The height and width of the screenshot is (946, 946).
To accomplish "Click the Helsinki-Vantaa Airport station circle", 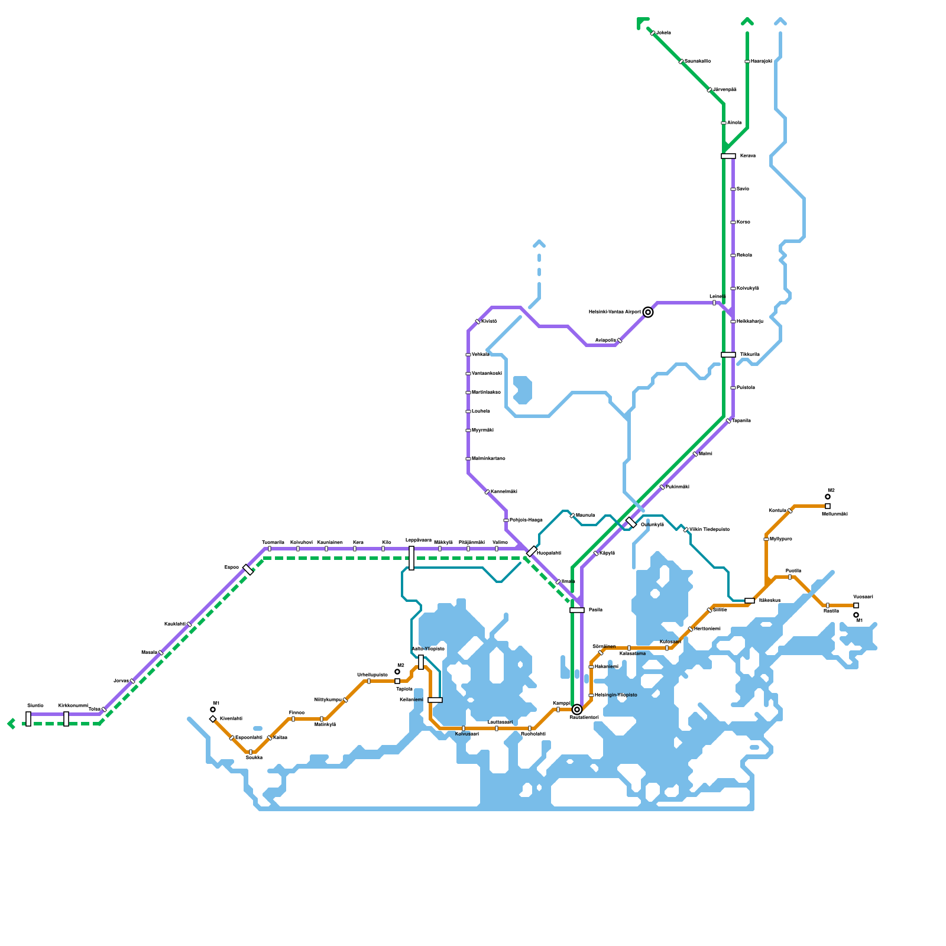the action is [x=648, y=312].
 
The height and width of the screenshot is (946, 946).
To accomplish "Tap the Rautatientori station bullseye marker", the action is [x=577, y=710].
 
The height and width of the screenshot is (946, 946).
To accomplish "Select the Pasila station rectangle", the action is [x=577, y=610].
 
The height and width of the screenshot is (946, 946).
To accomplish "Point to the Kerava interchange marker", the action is [x=728, y=156].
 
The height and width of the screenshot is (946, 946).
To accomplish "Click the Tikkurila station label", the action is [x=750, y=355].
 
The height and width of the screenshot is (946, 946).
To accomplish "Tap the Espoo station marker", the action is [x=248, y=570].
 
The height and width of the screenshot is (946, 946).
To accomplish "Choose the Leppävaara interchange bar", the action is [x=412, y=558].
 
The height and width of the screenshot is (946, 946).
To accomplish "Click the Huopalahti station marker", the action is [x=532, y=551].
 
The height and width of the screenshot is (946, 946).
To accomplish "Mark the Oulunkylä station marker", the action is [x=631, y=523].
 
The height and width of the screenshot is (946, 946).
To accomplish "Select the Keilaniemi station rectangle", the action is [x=435, y=700].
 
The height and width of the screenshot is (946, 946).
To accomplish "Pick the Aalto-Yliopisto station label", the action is [x=428, y=649].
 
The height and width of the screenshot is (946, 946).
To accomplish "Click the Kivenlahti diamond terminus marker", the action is [x=213, y=719].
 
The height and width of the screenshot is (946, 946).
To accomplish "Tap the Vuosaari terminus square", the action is [x=856, y=605].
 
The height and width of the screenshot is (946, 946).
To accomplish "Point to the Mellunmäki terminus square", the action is [x=828, y=506].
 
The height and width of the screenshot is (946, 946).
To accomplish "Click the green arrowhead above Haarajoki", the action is [x=747, y=22].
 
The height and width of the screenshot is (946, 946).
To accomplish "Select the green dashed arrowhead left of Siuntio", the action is [x=11, y=724].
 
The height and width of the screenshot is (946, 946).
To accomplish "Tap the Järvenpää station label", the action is [x=725, y=90].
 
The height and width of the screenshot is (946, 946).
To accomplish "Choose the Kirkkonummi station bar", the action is [x=66, y=719].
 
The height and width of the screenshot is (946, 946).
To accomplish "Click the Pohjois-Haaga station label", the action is [x=526, y=520].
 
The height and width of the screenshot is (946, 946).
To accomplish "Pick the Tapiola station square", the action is [x=397, y=681].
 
